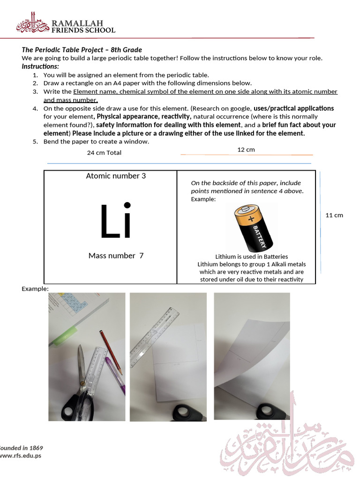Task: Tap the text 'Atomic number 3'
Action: (116, 176)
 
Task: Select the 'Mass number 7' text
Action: (116, 255)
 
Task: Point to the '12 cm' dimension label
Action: (246, 150)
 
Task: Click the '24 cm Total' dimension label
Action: (104, 153)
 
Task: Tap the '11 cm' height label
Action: (334, 215)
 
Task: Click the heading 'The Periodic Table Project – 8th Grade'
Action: (82, 50)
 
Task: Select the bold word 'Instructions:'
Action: (40, 67)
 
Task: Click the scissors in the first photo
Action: (80, 384)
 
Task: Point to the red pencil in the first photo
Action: (111, 352)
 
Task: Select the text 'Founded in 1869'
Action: (21, 447)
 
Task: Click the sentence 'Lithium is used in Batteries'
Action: (251, 257)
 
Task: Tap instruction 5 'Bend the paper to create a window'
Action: (96, 142)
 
